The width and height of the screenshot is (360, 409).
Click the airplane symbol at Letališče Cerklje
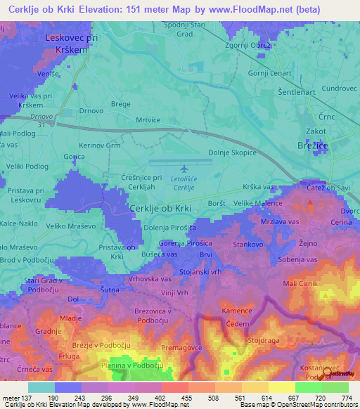pyautogui.click(x=184, y=169)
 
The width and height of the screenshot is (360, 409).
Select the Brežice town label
pyautogui.click(x=306, y=145)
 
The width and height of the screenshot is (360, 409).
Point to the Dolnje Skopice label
pyautogui.click(x=233, y=152)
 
